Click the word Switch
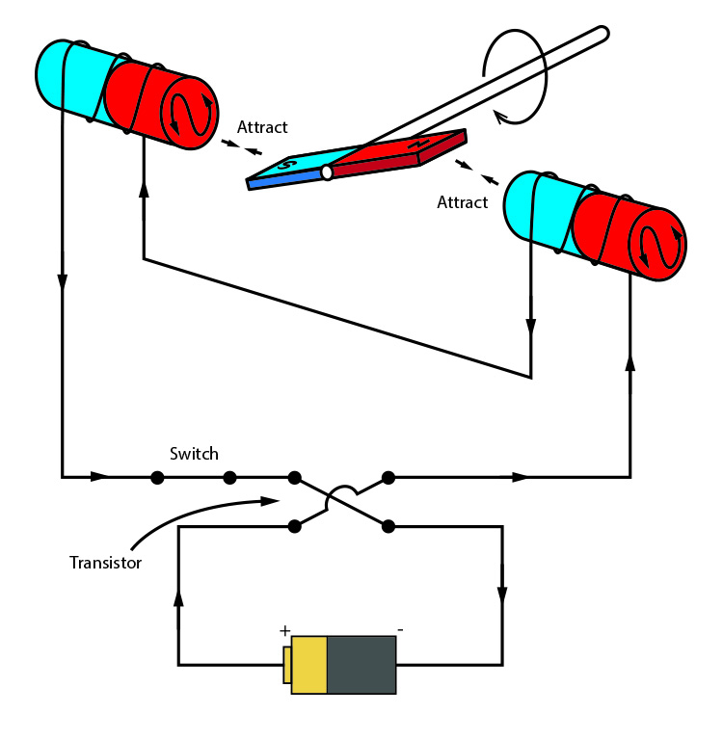pos(194,454)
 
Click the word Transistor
pos(106,562)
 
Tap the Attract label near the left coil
pos(262,127)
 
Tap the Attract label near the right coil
pos(463,202)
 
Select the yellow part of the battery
pos(308,665)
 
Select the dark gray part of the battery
pos(361,665)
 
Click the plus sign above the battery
pos(285,630)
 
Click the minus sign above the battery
pos(400,630)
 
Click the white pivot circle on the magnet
pos(328,172)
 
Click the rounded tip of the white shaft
pos(602,34)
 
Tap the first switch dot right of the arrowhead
pos(155,476)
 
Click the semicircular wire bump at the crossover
pos(341,495)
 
